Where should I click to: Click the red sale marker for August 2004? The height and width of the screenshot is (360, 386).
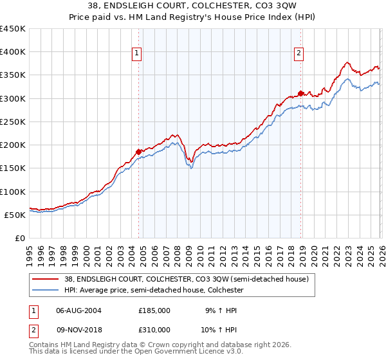(x=138, y=152)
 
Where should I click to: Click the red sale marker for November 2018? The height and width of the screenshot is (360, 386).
(x=300, y=93)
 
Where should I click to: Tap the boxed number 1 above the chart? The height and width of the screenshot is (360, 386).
(x=138, y=54)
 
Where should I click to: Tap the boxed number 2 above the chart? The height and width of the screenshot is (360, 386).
(x=300, y=54)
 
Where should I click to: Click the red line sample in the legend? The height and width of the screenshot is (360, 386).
(x=45, y=279)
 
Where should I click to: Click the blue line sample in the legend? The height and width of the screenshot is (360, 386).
(x=45, y=290)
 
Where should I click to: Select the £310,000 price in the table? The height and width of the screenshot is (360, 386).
(x=154, y=329)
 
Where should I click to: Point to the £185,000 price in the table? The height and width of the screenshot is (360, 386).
(x=154, y=310)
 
